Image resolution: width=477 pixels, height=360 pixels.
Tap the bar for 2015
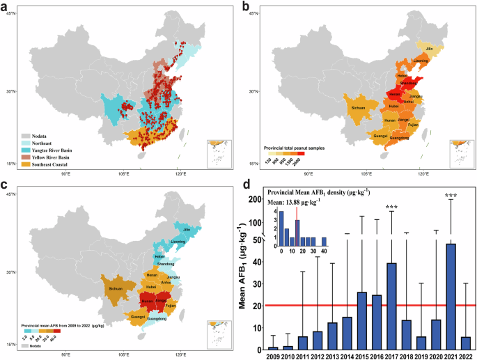point(362,321)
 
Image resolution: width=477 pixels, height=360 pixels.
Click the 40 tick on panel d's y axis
point(259,262)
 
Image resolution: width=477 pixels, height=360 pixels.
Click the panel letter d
point(245,185)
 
